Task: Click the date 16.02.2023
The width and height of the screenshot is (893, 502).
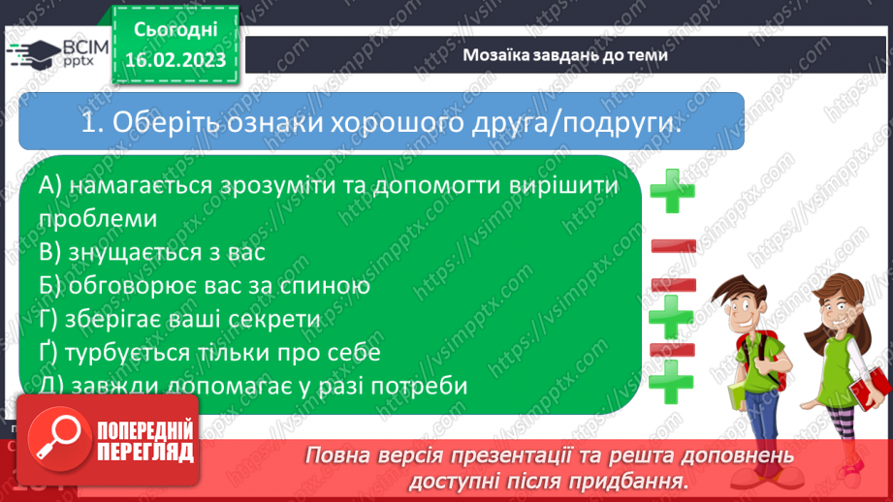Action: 175,60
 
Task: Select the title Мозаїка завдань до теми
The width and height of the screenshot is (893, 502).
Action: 565,55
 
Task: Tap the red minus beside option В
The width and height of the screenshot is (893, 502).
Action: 673,247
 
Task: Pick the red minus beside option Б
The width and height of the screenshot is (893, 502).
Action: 673,284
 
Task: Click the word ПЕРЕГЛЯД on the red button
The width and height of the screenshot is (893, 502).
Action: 144,452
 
